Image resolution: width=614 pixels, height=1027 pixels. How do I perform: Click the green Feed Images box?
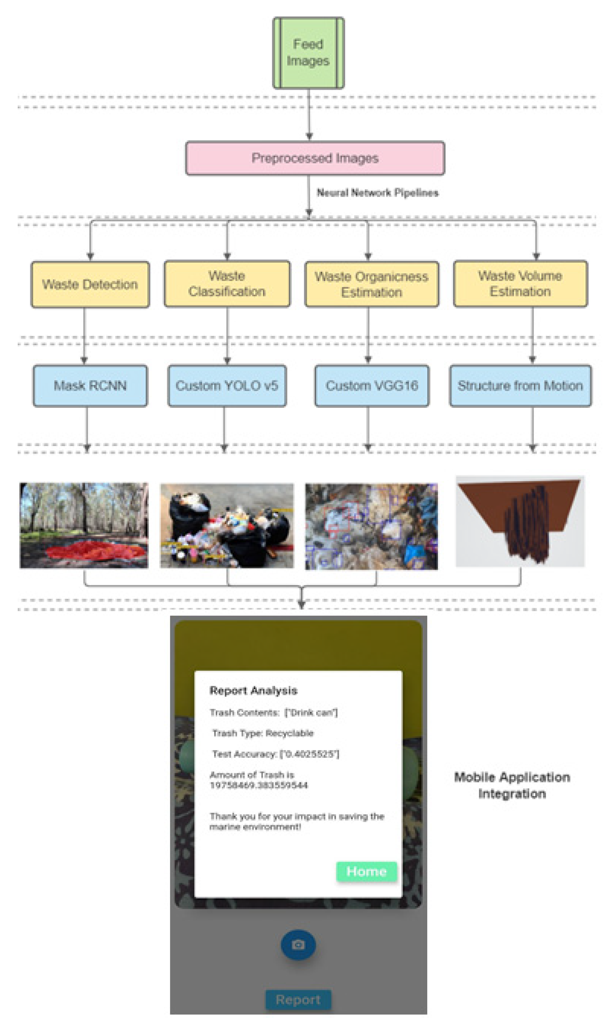coord(308,53)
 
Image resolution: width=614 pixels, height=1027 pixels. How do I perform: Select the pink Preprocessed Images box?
coord(315,158)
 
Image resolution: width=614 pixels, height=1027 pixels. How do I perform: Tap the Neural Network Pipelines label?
coord(377,193)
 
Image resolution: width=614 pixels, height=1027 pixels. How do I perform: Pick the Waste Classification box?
coord(227,284)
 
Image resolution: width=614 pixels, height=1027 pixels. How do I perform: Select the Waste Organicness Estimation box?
coord(372,284)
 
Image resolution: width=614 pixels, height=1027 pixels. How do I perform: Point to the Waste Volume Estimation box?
coord(520,284)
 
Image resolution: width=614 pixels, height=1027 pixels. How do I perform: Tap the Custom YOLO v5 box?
coord(227,386)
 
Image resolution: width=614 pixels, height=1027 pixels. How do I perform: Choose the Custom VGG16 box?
coord(372,386)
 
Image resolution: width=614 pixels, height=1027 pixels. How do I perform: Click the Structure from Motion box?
coord(520,386)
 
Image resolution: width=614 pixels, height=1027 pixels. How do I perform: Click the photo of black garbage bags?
coord(227,525)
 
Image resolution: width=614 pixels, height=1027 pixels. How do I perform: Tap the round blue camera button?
coord(298,945)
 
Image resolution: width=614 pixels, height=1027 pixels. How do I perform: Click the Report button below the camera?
coord(298,1000)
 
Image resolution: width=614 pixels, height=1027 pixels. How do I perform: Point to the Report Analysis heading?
coord(253,691)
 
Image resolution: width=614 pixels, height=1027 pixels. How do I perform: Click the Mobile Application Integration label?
coord(512,785)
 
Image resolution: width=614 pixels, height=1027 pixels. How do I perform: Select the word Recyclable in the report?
coord(289,733)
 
